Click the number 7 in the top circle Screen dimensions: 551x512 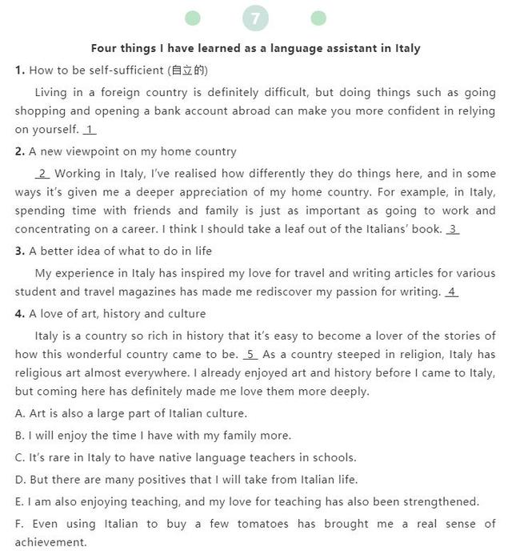coord(255,18)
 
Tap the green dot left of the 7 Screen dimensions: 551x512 coord(193,18)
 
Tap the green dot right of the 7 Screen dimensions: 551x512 coord(318,18)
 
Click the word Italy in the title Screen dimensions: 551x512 coord(408,48)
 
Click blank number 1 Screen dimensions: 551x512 coord(90,130)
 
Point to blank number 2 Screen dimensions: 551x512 coord(42,174)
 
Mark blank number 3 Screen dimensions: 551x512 coord(453,230)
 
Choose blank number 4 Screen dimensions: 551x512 coord(452,292)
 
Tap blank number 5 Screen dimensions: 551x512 coord(250,355)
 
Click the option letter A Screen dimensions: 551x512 coord(19,414)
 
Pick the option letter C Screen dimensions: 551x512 coord(19,458)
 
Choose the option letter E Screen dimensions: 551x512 coord(19,502)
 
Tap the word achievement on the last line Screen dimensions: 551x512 coord(50,542)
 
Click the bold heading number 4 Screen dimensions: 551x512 coord(20,314)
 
